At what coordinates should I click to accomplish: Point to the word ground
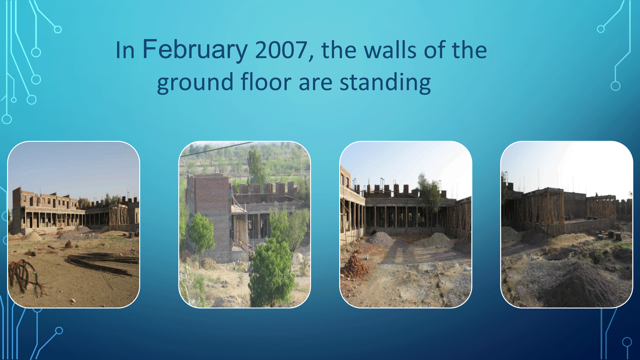(195, 83)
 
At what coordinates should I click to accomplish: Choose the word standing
(385, 83)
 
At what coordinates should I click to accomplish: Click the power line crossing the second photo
(218, 149)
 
